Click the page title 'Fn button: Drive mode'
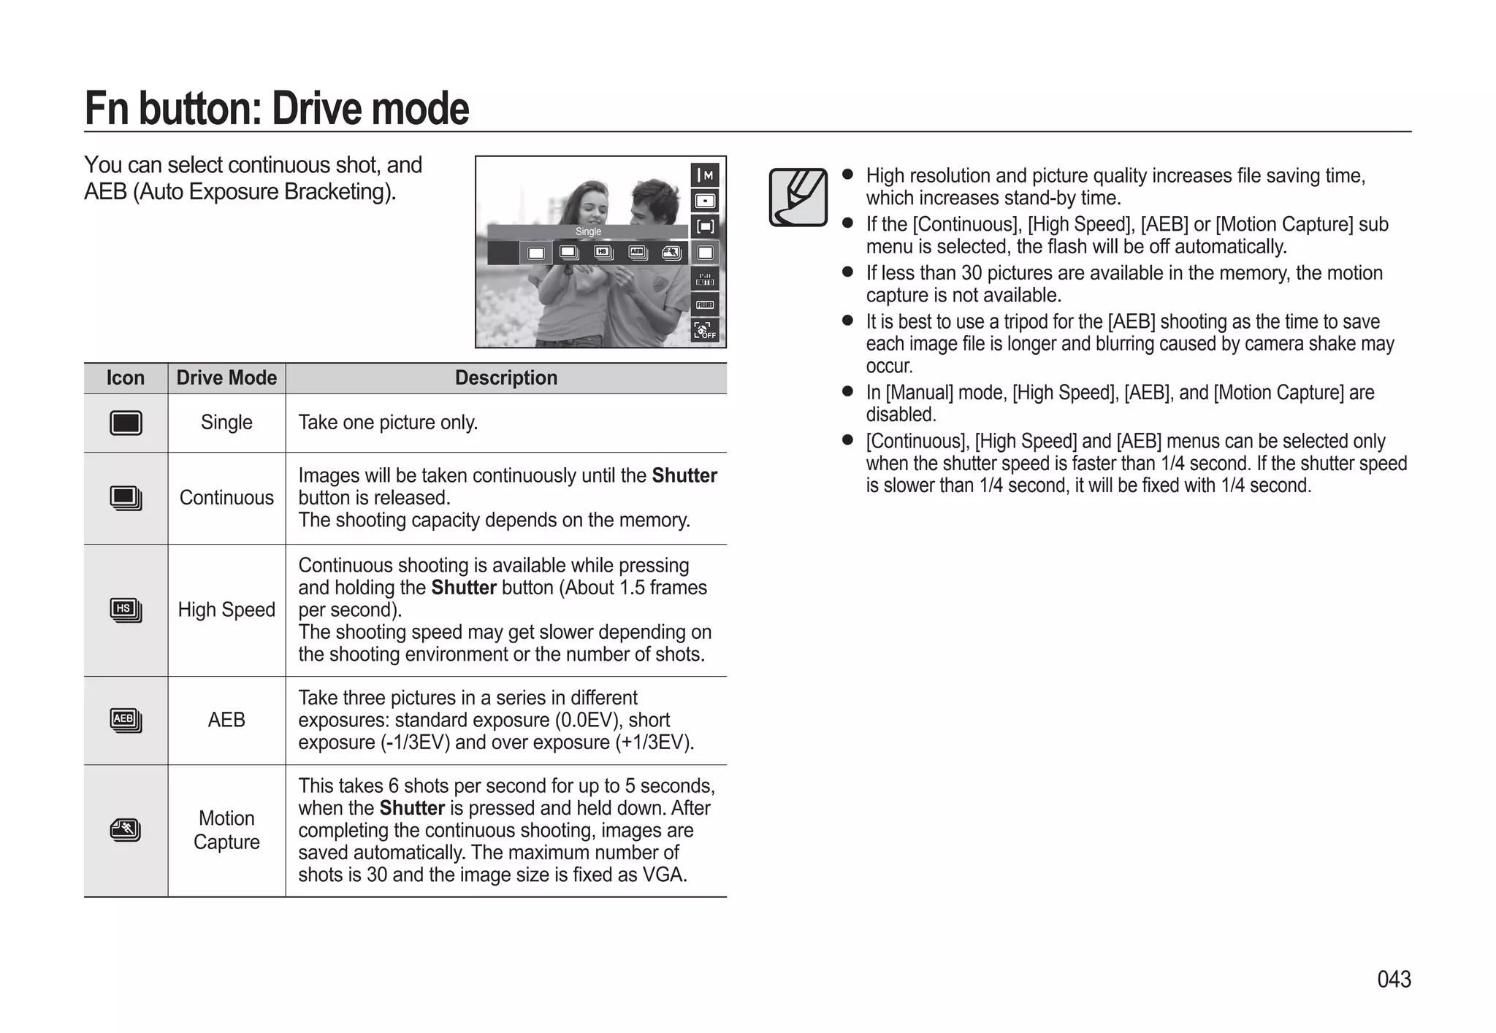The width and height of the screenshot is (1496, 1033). [x=277, y=108]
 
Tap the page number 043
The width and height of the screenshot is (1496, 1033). [x=1394, y=979]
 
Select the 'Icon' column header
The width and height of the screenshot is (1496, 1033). [x=126, y=378]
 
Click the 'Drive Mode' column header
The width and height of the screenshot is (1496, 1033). [x=226, y=378]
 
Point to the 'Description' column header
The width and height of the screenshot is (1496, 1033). [x=505, y=378]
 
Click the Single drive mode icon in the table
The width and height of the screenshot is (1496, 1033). [x=126, y=423]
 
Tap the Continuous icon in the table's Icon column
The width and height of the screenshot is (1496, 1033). [x=126, y=498]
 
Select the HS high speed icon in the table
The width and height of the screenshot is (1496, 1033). [x=126, y=610]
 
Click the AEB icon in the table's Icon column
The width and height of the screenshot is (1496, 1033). [x=126, y=720]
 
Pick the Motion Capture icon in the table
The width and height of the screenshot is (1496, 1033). [x=126, y=830]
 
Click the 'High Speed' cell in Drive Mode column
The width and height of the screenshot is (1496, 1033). [x=226, y=610]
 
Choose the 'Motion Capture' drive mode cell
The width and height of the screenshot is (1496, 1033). [x=226, y=830]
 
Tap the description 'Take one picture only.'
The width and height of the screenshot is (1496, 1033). [x=388, y=423]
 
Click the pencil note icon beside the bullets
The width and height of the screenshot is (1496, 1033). [x=798, y=197]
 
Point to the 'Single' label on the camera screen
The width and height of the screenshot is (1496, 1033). [x=588, y=231]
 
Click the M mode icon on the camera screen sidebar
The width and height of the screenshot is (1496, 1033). [x=705, y=175]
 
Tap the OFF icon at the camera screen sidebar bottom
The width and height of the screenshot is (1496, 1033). [x=705, y=331]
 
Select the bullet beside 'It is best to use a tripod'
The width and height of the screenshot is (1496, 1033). [x=847, y=320]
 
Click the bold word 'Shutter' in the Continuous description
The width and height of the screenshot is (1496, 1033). [x=684, y=476]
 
